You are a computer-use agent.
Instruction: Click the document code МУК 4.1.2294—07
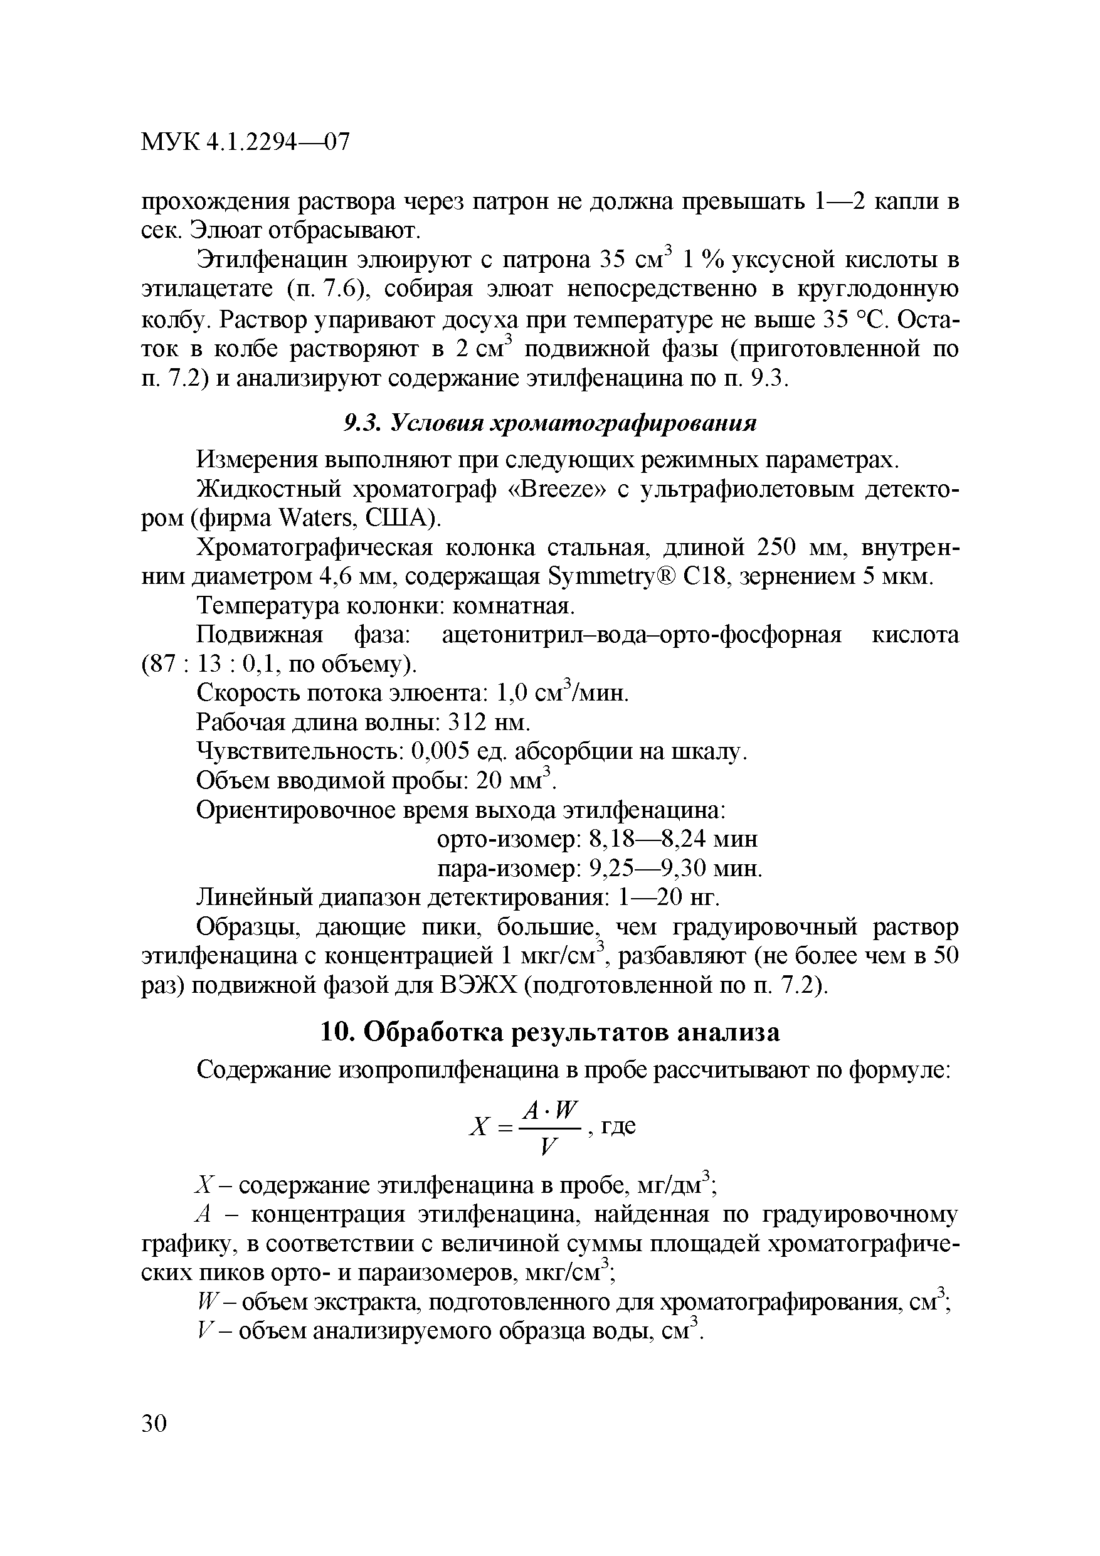click(245, 142)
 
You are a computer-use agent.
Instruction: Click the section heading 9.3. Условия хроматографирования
click(549, 423)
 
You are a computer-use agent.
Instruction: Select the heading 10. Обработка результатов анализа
click(549, 1032)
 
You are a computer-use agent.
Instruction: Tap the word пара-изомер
click(509, 869)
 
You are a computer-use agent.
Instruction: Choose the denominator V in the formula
click(549, 1147)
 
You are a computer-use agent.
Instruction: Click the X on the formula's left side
click(479, 1127)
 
